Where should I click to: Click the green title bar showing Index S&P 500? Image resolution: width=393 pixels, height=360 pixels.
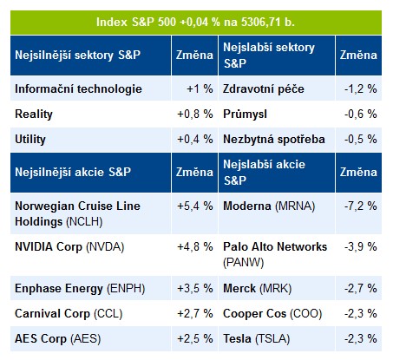[196, 23]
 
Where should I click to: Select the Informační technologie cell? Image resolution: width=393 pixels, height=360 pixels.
[78, 88]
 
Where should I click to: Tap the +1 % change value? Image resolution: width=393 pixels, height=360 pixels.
[200, 88]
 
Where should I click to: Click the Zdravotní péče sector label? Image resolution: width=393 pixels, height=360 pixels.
[264, 88]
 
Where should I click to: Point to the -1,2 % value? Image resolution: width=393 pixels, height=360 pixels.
[361, 88]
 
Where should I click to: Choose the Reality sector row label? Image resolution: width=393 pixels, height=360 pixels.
[34, 115]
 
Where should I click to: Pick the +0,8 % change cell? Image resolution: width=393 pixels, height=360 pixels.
[195, 115]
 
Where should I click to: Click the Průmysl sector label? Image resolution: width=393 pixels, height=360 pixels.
[245, 115]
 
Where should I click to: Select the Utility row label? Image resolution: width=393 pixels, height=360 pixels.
[30, 140]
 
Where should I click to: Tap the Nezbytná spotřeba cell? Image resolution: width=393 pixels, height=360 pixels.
[274, 140]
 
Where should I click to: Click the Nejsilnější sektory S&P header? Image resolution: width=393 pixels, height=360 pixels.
[77, 55]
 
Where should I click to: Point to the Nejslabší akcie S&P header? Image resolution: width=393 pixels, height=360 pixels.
[264, 173]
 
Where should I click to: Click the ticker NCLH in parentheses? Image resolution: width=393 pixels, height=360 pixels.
[84, 222]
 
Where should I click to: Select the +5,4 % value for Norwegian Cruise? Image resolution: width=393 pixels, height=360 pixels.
[195, 206]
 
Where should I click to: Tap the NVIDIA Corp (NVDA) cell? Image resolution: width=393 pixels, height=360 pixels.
[69, 247]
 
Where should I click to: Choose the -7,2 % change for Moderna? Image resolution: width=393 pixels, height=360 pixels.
[361, 206]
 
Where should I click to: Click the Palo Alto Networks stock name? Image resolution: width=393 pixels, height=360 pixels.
[275, 246]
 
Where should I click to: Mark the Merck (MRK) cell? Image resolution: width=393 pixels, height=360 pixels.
[257, 288]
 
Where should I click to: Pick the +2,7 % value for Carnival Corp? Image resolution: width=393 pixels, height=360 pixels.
[195, 313]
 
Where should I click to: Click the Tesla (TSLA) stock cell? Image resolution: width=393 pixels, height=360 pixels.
[256, 338]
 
